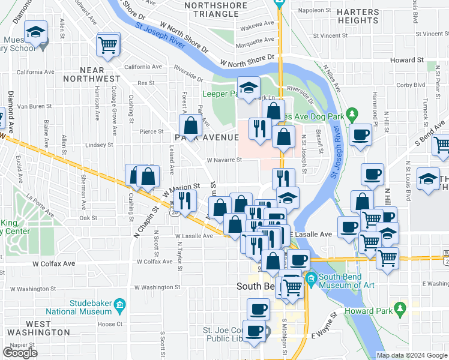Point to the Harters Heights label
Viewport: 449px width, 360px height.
pyautogui.click(x=357, y=16)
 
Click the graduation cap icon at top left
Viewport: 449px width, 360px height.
pyautogui.click(x=36, y=32)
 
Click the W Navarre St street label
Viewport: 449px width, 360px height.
pyautogui.click(x=224, y=160)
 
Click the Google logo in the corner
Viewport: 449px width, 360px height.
pyautogui.click(x=20, y=353)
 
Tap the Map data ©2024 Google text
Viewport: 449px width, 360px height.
pyautogui.click(x=411, y=355)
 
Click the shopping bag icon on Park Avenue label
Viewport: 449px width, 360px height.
pyautogui.click(x=190, y=126)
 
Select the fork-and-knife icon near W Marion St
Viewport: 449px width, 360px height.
pyautogui.click(x=185, y=199)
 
